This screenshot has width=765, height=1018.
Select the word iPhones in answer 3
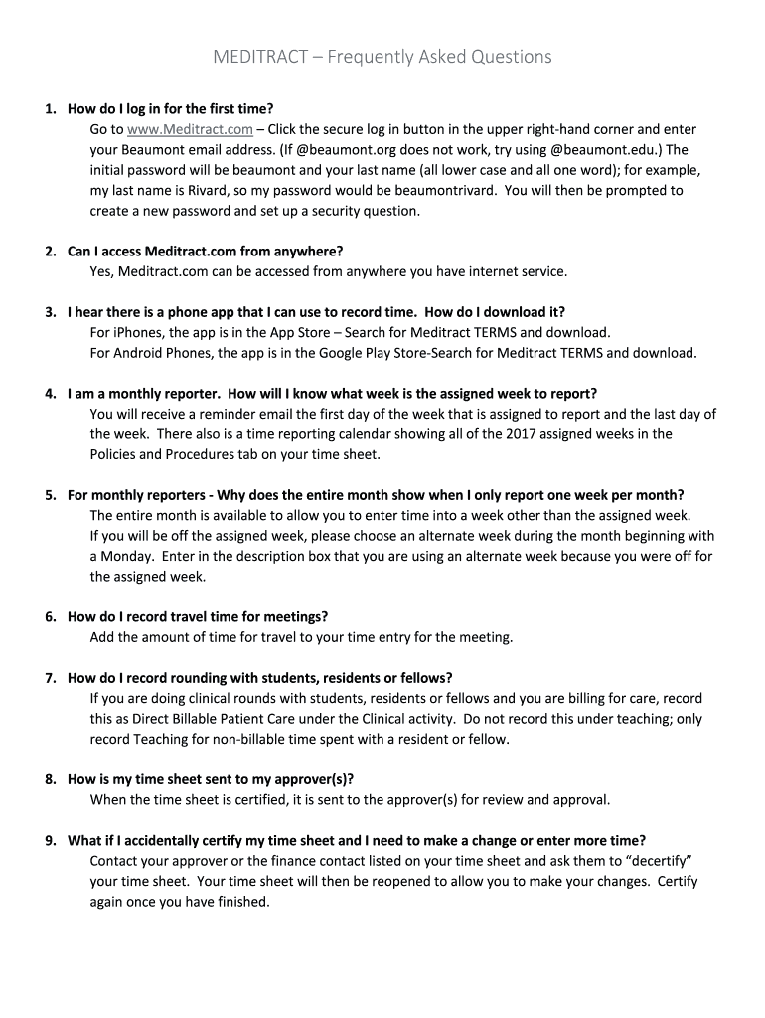point(138,332)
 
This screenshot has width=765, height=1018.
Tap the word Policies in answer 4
point(114,454)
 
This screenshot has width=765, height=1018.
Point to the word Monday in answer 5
point(126,556)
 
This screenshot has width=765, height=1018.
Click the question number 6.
point(49,617)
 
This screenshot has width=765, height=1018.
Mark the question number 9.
point(49,841)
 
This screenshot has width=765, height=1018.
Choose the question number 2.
point(49,251)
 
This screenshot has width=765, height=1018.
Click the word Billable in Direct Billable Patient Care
point(188,719)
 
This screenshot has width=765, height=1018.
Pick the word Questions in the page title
point(505,57)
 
